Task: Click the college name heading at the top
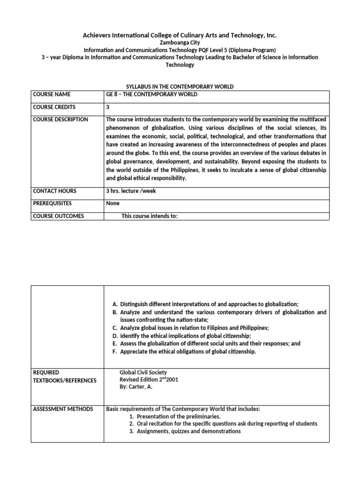180,35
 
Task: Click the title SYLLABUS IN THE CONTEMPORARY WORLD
180,87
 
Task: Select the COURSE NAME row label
51,94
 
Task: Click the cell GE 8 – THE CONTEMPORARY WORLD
152,94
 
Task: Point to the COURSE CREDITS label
54,107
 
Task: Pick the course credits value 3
108,107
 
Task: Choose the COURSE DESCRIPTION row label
60,120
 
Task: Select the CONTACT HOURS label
54,191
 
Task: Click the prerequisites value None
113,203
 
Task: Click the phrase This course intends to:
150,216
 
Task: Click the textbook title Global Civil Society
143,372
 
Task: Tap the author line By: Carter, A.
136,387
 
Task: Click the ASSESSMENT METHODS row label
63,409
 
